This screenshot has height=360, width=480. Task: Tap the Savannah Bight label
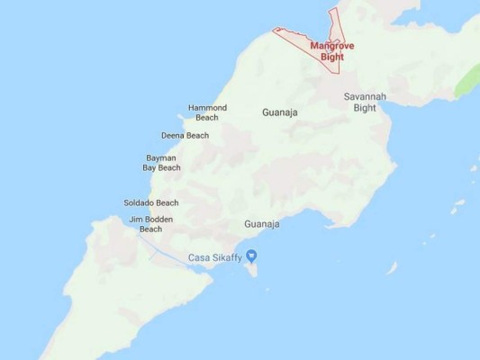tap(359, 102)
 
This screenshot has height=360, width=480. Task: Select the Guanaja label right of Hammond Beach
tap(279, 113)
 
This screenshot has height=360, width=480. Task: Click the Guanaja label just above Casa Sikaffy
tap(262, 223)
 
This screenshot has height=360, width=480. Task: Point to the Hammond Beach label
tap(207, 112)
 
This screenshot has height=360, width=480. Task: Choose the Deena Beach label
tap(185, 136)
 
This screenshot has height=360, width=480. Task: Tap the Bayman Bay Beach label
tap(163, 163)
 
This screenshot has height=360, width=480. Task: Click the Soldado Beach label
tap(150, 203)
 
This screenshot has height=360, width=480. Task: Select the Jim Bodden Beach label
tap(151, 223)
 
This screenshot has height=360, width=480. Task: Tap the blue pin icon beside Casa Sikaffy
tap(252, 256)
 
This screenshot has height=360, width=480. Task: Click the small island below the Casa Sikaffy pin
tap(252, 269)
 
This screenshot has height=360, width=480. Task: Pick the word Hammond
tap(207, 108)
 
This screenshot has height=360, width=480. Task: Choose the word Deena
tap(173, 136)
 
